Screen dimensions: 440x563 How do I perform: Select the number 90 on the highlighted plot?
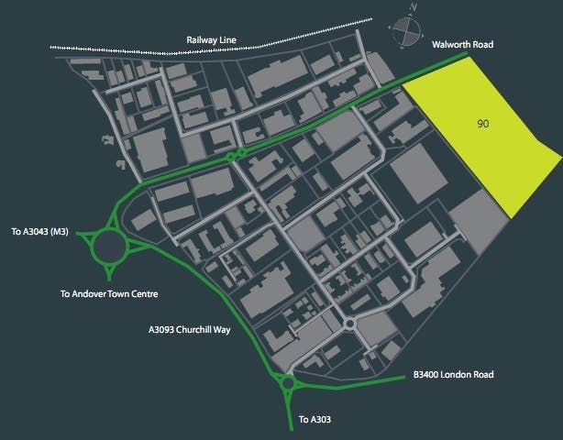point(482,122)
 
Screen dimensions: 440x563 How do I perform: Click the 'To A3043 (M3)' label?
point(43,233)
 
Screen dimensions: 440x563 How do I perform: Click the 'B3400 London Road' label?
point(453,374)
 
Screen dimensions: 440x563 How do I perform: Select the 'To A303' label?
point(316,421)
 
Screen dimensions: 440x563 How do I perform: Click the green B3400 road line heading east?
point(367,382)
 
